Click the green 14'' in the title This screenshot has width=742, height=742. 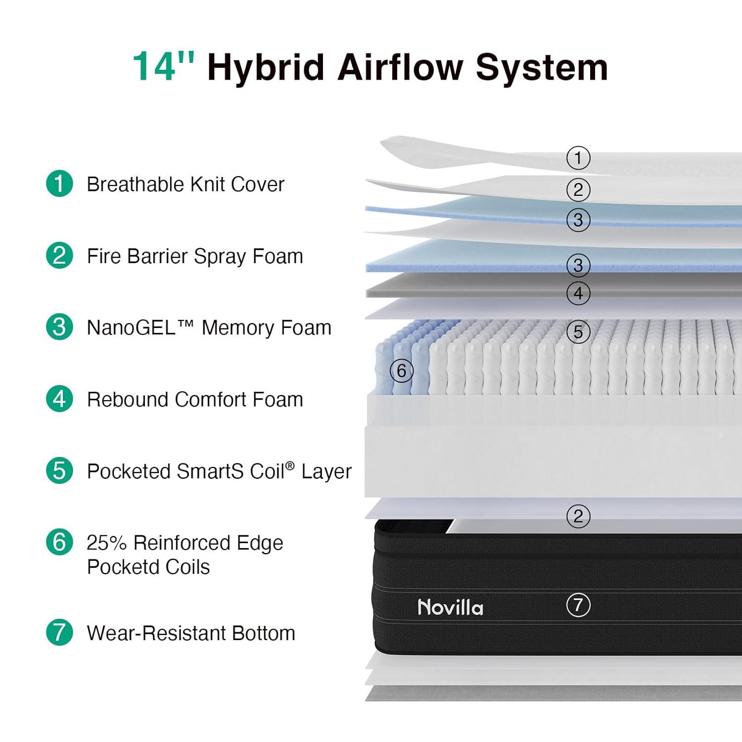click(164, 66)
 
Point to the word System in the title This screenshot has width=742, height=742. click(542, 67)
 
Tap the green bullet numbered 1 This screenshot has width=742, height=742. click(59, 184)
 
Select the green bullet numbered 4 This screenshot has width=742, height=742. click(59, 399)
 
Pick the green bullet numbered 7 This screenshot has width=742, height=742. click(59, 632)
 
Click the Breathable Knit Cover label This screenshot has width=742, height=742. click(185, 184)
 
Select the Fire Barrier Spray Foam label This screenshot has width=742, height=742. click(195, 256)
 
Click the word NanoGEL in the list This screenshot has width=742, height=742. click(131, 327)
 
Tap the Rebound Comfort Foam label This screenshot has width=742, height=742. click(195, 399)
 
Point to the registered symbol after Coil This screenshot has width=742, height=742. click(290, 465)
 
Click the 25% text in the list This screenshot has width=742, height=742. click(106, 543)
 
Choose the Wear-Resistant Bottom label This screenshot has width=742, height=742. click(191, 633)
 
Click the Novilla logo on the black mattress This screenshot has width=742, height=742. click(451, 607)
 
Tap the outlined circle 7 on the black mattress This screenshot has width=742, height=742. click(578, 604)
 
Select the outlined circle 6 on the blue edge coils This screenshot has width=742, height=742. click(402, 371)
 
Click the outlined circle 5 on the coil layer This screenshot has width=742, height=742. click(578, 332)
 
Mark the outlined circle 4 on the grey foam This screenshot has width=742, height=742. click(578, 293)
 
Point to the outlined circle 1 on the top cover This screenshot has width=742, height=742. click(578, 158)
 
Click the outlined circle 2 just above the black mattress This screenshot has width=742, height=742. click(578, 516)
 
